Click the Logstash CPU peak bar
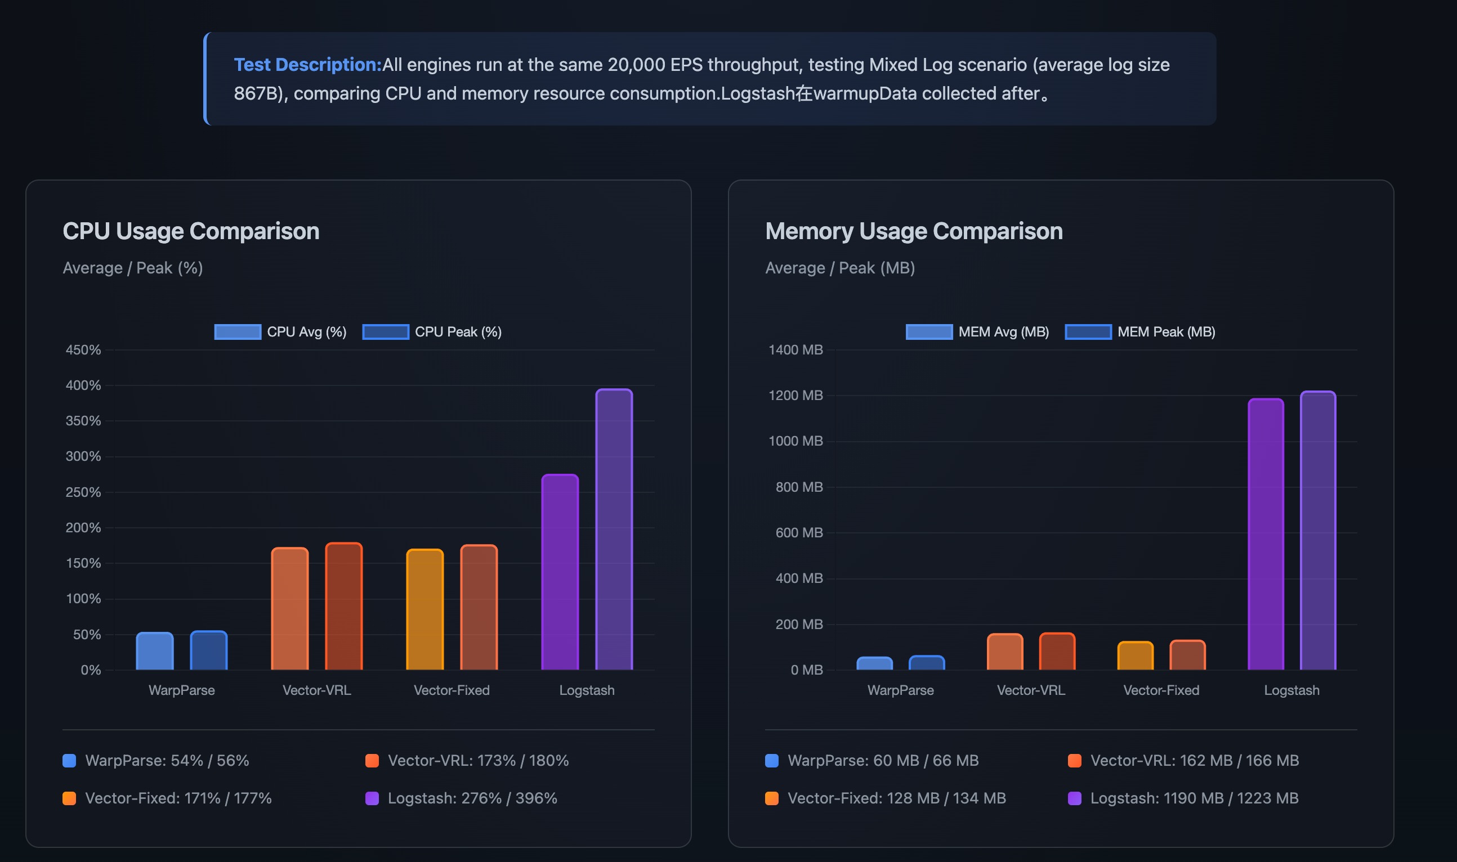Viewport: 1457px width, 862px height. pyautogui.click(x=614, y=529)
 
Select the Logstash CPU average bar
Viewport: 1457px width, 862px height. pyautogui.click(x=560, y=572)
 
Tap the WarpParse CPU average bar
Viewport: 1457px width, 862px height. pyautogui.click(x=155, y=651)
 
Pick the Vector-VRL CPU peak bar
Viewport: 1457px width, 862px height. pyautogui.click(x=343, y=607)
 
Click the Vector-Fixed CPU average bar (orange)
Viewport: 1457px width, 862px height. pyautogui.click(x=424, y=609)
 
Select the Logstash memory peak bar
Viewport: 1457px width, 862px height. pyautogui.click(x=1317, y=531)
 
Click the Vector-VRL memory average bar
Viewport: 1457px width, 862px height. pyautogui.click(x=1004, y=652)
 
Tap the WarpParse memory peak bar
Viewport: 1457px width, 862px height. pyautogui.click(x=927, y=663)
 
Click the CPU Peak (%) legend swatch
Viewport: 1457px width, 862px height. pyautogui.click(x=385, y=331)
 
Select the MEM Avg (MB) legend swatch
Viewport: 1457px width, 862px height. pyautogui.click(x=929, y=331)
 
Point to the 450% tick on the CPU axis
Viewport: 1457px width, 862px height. pyautogui.click(x=83, y=349)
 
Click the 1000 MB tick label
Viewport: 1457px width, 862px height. pyautogui.click(x=795, y=441)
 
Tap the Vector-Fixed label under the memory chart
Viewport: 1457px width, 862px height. pyautogui.click(x=1161, y=690)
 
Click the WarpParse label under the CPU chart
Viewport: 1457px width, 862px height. pyautogui.click(x=181, y=690)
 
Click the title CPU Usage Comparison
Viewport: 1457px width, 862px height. pyautogui.click(x=191, y=231)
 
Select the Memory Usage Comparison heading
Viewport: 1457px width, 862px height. pyautogui.click(x=913, y=231)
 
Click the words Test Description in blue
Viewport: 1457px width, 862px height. pyautogui.click(x=307, y=65)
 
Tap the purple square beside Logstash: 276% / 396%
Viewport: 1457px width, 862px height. pyautogui.click(x=372, y=798)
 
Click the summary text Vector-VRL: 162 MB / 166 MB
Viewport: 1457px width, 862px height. pyautogui.click(x=1194, y=760)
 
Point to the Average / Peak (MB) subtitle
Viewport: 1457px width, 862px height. pyautogui.click(x=840, y=268)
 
